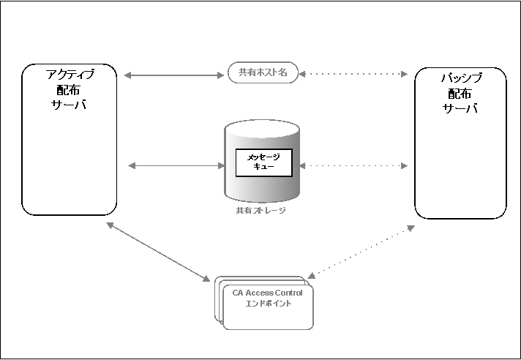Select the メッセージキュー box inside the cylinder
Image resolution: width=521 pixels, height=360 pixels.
click(x=263, y=162)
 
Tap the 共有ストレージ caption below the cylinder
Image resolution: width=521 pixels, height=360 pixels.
click(x=260, y=211)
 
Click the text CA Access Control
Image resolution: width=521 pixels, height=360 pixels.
click(x=267, y=293)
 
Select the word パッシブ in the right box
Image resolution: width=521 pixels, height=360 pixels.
click(x=460, y=78)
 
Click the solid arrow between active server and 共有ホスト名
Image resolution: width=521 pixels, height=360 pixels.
click(x=173, y=74)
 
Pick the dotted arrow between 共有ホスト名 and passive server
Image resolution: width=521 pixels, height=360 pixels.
click(x=355, y=74)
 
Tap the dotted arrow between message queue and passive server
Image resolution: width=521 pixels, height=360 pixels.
click(x=353, y=166)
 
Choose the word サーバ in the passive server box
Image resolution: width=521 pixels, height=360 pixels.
click(x=460, y=108)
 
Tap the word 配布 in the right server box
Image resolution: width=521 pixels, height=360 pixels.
click(x=460, y=93)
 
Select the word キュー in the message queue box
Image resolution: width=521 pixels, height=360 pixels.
click(x=263, y=168)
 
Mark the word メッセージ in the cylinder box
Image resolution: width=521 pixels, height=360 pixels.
click(x=263, y=157)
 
